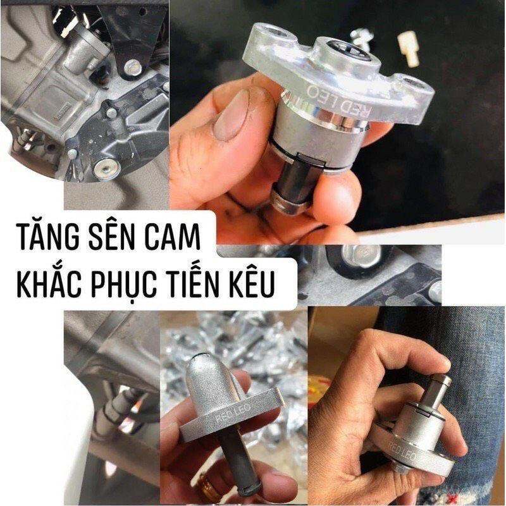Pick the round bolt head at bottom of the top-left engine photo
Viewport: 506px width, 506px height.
(x=106, y=168)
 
